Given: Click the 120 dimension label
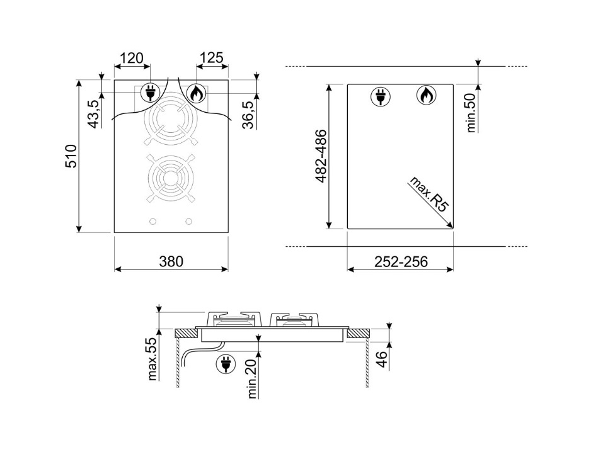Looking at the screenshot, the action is tap(132, 58).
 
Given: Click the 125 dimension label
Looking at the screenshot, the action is tap(211, 57).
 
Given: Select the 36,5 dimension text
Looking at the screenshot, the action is tap(248, 115).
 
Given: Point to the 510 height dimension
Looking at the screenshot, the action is tap(71, 156).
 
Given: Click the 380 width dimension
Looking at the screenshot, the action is tap(171, 261).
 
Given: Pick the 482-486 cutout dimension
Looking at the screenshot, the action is tap(321, 156).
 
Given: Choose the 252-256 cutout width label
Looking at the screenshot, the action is tap(401, 261).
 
